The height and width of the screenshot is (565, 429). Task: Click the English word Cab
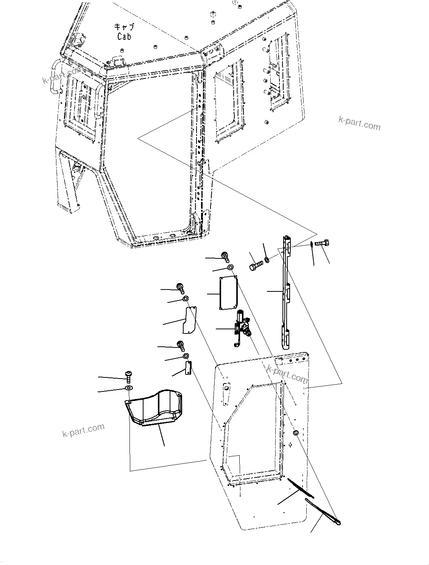tap(124, 36)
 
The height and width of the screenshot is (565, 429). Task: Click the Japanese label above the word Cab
tap(124, 27)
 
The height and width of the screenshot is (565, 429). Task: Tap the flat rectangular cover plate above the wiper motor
tap(228, 293)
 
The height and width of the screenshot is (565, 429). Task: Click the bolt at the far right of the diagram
tap(322, 244)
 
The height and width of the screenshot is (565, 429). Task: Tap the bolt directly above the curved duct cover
tap(128, 376)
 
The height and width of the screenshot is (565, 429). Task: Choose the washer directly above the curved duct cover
tap(128, 388)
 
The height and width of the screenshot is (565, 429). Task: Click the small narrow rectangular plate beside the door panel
tap(187, 368)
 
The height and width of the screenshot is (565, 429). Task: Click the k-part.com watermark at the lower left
tap(83, 430)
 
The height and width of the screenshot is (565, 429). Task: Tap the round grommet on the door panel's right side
tap(296, 432)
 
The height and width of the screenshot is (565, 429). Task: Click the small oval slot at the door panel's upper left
tap(226, 388)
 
